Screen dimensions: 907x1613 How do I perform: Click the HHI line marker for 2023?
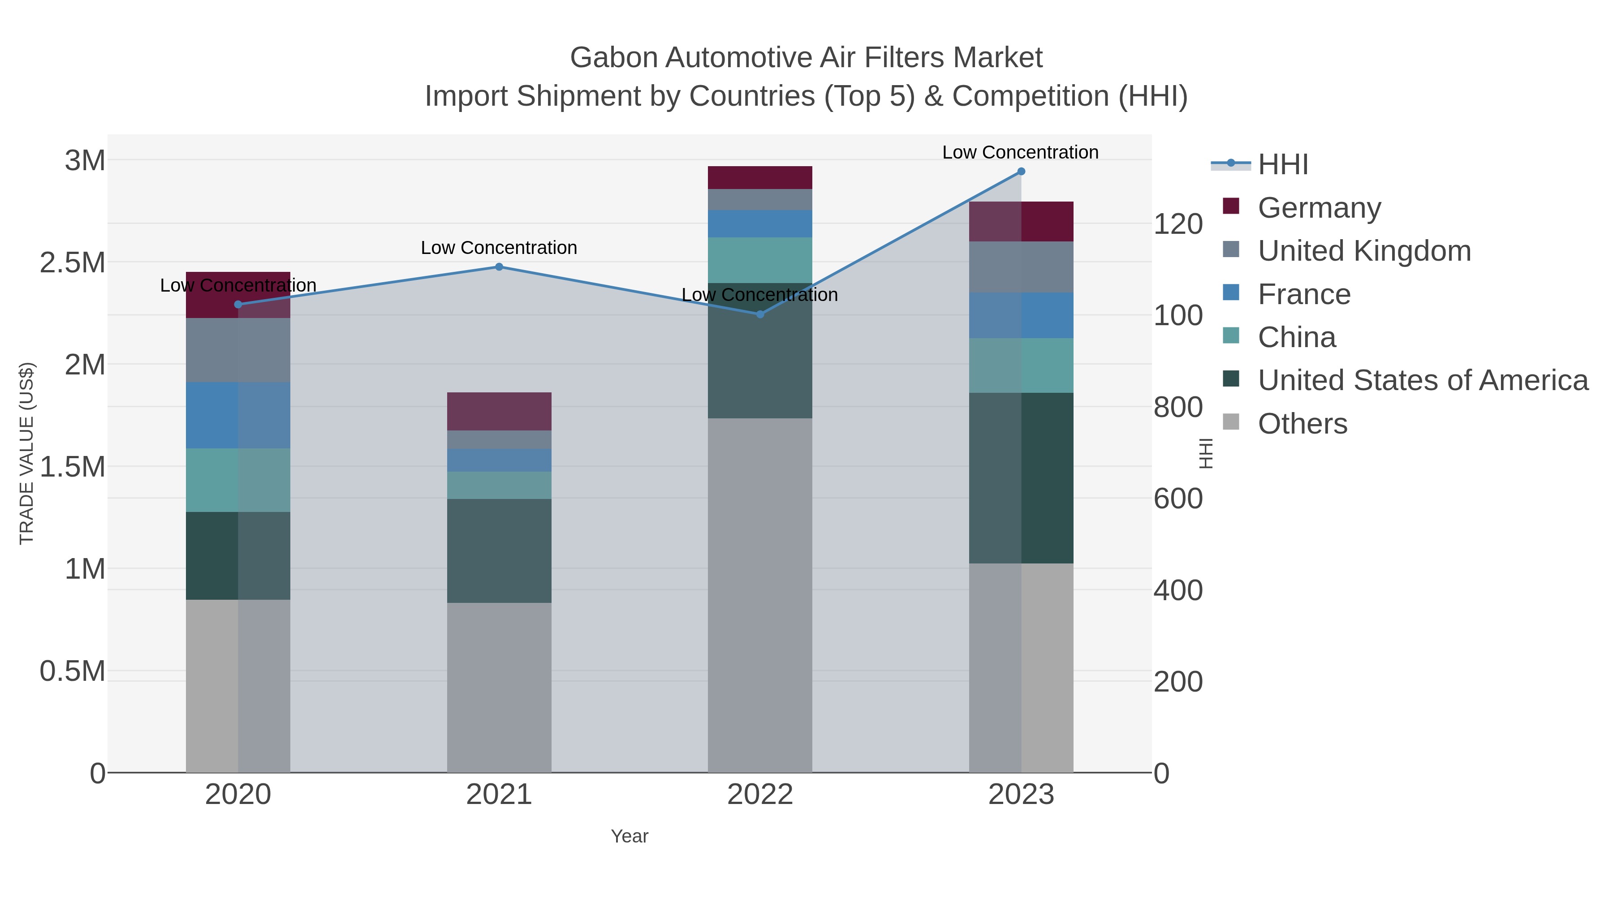(x=1021, y=172)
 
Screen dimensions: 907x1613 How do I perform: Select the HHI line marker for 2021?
(x=499, y=267)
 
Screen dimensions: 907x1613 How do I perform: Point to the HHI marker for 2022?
(x=760, y=314)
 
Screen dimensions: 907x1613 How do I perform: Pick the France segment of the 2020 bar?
(x=238, y=415)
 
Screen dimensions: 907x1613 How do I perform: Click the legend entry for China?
(x=1296, y=337)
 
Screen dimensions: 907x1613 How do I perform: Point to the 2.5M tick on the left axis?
(x=73, y=263)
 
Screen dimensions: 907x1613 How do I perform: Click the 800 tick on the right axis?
(x=1178, y=408)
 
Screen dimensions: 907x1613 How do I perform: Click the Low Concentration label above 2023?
(x=1020, y=152)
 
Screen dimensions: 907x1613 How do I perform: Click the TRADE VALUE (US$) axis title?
(x=26, y=453)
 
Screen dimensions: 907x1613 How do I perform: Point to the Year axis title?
(x=630, y=836)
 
